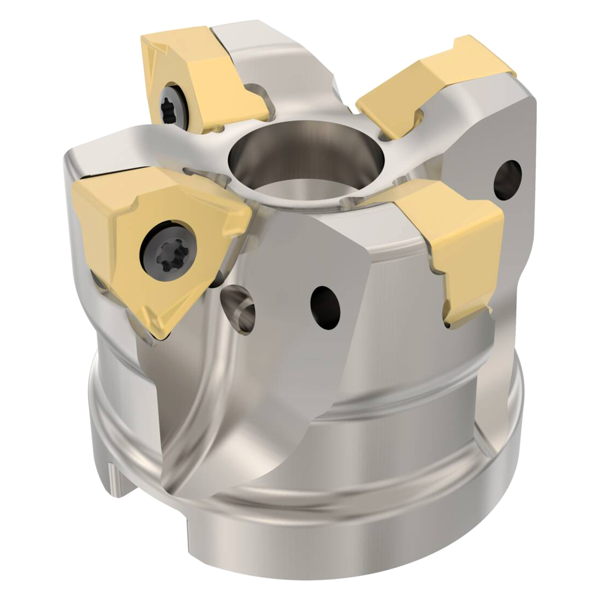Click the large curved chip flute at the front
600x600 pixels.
(225, 422)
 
